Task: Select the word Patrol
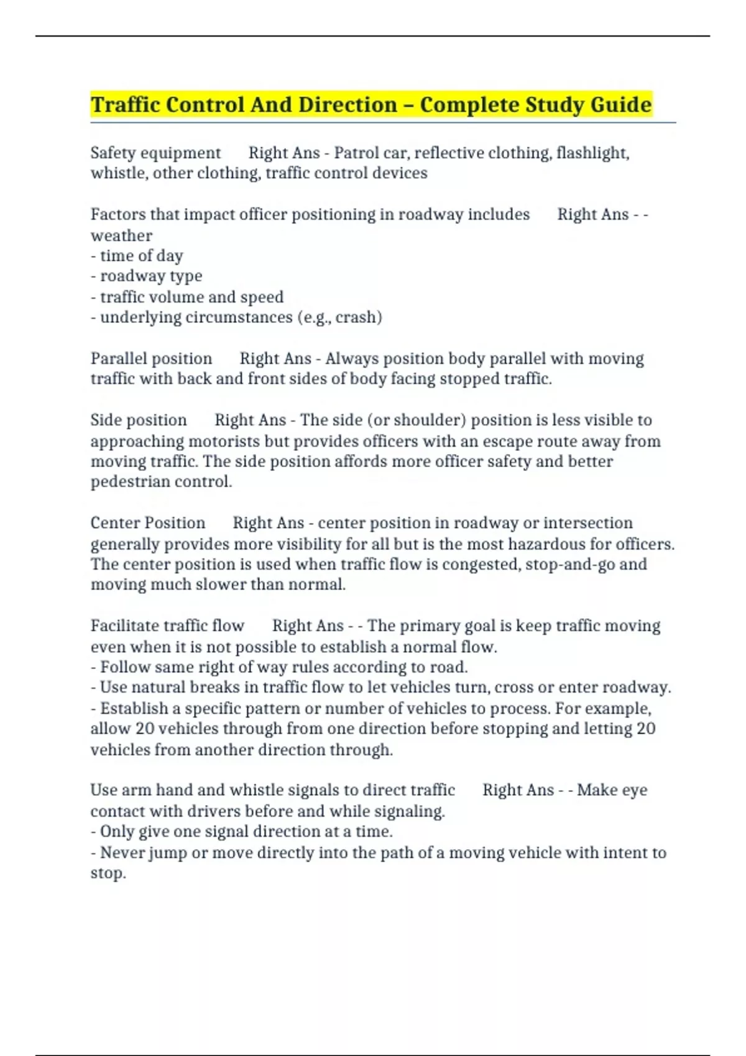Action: pos(359,153)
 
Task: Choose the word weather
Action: pos(121,235)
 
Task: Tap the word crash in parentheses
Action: pos(358,317)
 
